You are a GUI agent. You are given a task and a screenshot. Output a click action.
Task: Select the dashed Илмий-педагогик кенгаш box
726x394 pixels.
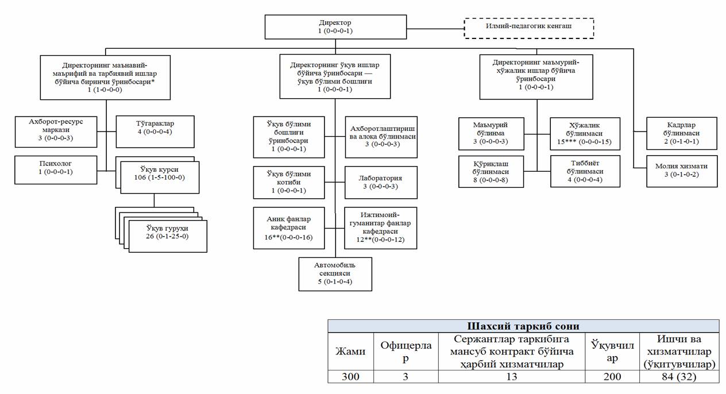coord(528,27)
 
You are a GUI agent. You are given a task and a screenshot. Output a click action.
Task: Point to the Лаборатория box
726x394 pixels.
coord(381,182)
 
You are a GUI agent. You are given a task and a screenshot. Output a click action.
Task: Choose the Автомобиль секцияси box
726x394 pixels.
coord(335,273)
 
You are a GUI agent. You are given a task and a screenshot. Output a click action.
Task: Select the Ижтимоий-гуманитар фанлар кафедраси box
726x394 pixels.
coord(381,228)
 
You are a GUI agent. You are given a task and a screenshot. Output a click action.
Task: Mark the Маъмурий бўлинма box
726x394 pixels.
coord(491,133)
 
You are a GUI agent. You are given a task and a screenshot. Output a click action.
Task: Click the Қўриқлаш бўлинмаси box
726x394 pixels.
coord(491,171)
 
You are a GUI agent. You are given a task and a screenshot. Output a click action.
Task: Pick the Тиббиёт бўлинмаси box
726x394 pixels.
coord(585,171)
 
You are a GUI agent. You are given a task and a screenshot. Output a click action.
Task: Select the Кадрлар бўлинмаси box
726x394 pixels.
coord(681,133)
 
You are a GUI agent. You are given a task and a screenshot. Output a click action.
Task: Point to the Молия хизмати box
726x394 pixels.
coord(681,171)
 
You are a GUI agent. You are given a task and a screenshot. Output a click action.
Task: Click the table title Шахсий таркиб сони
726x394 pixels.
coord(523,326)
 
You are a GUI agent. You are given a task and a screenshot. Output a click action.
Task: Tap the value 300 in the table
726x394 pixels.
coord(350,376)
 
